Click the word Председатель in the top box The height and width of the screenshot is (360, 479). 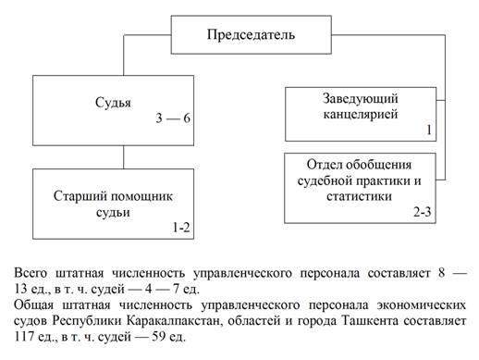point(251,34)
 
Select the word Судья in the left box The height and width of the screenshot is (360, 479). point(113,103)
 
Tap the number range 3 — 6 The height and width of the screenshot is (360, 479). point(173,118)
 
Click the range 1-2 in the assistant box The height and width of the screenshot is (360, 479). point(181,228)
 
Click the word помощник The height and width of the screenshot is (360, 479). point(141,196)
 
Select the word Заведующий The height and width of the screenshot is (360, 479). point(361,99)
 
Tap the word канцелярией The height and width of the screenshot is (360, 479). point(361,115)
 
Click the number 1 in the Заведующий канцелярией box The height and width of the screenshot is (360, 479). point(429,130)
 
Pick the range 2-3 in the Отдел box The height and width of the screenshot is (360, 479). point(423,212)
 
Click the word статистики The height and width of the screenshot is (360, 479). point(360,196)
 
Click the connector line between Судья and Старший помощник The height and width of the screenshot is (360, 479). point(124,157)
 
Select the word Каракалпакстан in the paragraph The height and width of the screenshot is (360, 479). point(174,321)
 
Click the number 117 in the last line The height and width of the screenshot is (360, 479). point(24,337)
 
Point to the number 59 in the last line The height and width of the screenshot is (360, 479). point(159,337)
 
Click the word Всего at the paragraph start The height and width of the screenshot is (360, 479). point(31,273)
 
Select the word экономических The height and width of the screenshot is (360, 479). point(421,305)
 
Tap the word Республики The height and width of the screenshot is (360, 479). point(87,321)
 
